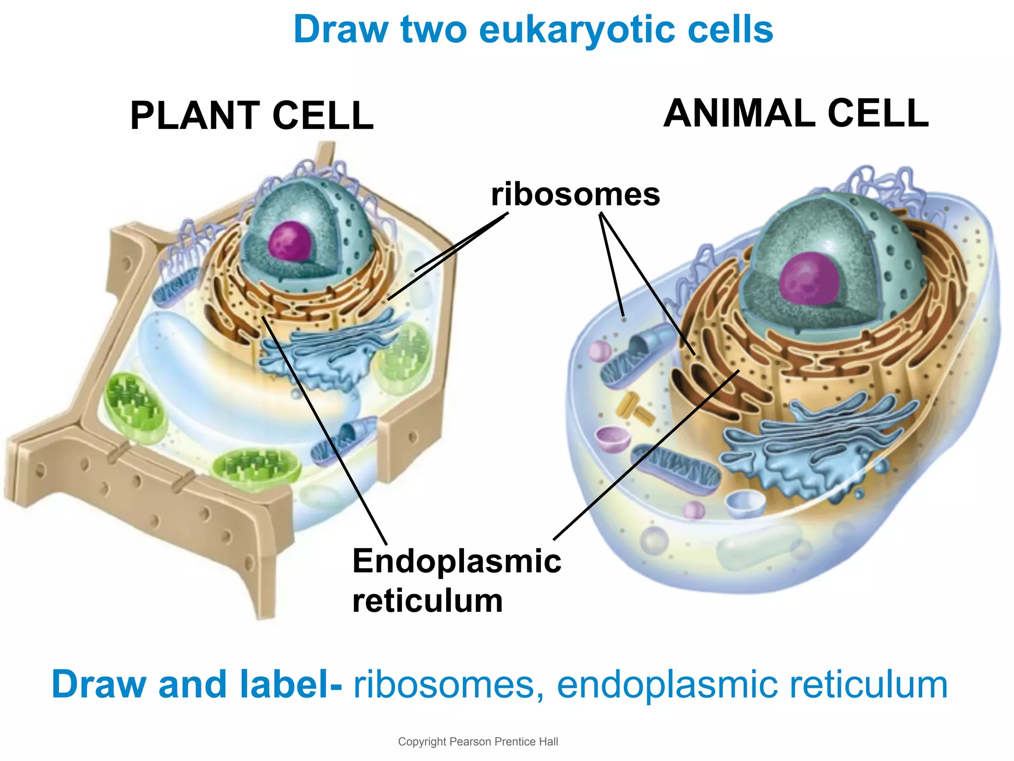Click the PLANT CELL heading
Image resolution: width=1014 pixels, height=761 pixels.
pos(252,115)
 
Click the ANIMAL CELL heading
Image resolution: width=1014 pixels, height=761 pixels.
pos(796,113)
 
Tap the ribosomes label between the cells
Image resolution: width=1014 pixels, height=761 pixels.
pos(575,194)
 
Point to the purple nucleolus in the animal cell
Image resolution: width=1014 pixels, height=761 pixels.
pos(809,278)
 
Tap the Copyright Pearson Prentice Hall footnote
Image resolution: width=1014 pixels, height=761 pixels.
pos(478,742)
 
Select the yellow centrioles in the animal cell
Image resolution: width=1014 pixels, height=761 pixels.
pos(634,408)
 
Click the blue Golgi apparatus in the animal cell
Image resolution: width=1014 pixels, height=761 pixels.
pos(812,446)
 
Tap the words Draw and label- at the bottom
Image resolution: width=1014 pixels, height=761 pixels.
pos(197,685)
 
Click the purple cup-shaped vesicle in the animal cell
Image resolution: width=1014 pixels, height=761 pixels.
pos(612,438)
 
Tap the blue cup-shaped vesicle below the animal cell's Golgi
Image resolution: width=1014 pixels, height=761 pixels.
pos(745,503)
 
